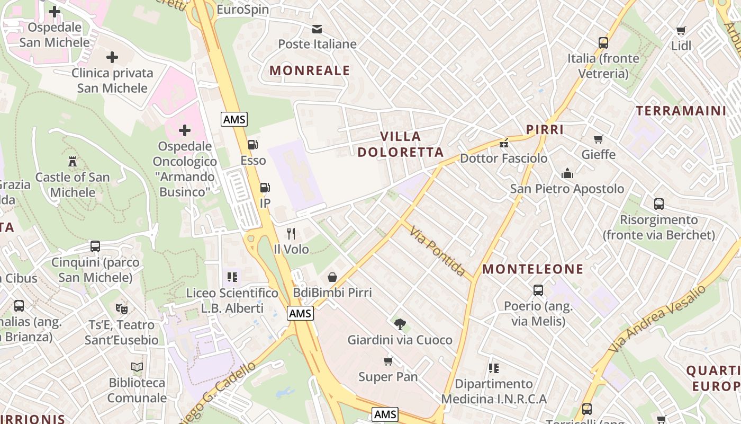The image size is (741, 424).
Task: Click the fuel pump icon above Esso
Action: pos(253,144)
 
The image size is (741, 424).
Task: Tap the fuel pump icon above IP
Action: pos(265,187)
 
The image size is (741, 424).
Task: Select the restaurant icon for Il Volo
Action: pos(291,233)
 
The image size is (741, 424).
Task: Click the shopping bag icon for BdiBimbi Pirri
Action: pos(332,277)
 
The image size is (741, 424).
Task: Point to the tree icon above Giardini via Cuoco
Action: pos(400,324)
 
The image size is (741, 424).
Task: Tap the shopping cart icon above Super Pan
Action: pos(388,361)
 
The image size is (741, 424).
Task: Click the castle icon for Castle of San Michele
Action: pos(73,161)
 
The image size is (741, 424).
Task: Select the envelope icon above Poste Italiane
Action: pos(317,29)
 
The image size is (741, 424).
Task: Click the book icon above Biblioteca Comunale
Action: pos(137,367)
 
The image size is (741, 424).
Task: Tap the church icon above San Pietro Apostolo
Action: pos(567,173)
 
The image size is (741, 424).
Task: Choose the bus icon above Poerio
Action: pos(538,290)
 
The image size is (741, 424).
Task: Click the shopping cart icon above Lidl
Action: pos(681,30)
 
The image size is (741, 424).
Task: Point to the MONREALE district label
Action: pos(310,70)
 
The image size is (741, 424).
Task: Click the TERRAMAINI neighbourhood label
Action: pos(681,111)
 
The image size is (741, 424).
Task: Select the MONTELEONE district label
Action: pos(533,269)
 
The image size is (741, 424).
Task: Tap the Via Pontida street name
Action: pos(437,251)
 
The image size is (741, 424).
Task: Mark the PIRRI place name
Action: pos(545,130)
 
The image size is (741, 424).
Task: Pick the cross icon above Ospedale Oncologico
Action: pos(185,130)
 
